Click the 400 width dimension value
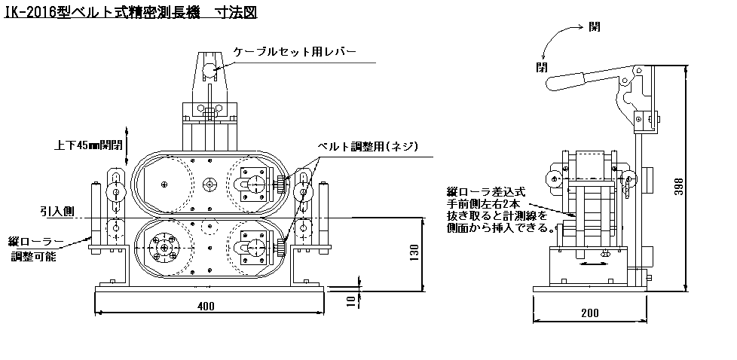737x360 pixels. [206, 307]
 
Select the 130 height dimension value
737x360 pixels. [414, 254]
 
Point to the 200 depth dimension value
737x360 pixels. [590, 313]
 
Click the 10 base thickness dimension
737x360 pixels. [351, 300]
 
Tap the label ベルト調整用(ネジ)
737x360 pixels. [368, 147]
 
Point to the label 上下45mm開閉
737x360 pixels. [87, 145]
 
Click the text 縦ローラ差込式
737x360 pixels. [487, 192]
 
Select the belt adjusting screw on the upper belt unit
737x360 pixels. [282, 185]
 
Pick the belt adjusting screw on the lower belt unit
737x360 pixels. [282, 247]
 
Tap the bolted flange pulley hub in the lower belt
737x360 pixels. [164, 247]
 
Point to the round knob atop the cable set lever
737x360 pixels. [209, 72]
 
